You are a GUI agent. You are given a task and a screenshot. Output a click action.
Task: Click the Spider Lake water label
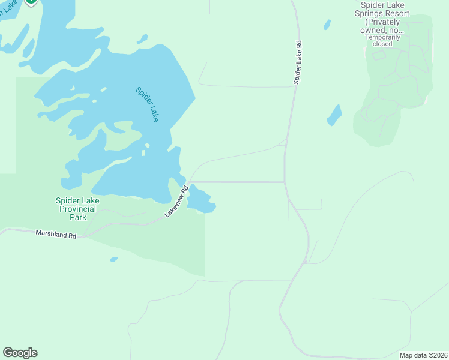point(147,104)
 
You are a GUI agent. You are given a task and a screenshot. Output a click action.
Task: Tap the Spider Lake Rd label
point(298,62)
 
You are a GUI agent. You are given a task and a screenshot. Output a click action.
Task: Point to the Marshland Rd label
point(56,234)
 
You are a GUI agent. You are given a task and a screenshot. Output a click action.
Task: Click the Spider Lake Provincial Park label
point(76,209)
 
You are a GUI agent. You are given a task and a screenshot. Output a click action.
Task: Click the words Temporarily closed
point(378,40)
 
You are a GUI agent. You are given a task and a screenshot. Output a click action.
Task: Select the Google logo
point(20,353)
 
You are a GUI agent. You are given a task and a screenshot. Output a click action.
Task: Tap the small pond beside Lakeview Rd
point(199,200)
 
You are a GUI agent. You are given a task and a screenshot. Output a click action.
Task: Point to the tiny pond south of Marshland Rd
point(113,259)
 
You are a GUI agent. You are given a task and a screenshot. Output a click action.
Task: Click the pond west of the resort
point(334,115)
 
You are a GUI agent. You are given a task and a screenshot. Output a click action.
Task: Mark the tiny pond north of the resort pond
point(327,25)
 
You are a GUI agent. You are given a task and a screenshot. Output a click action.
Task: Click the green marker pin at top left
point(31,2)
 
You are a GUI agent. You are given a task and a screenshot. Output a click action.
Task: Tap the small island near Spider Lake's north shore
point(142,39)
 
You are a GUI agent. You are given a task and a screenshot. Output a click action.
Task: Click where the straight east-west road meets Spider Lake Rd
point(285,182)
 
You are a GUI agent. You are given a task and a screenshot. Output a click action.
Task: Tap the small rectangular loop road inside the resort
point(379,55)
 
